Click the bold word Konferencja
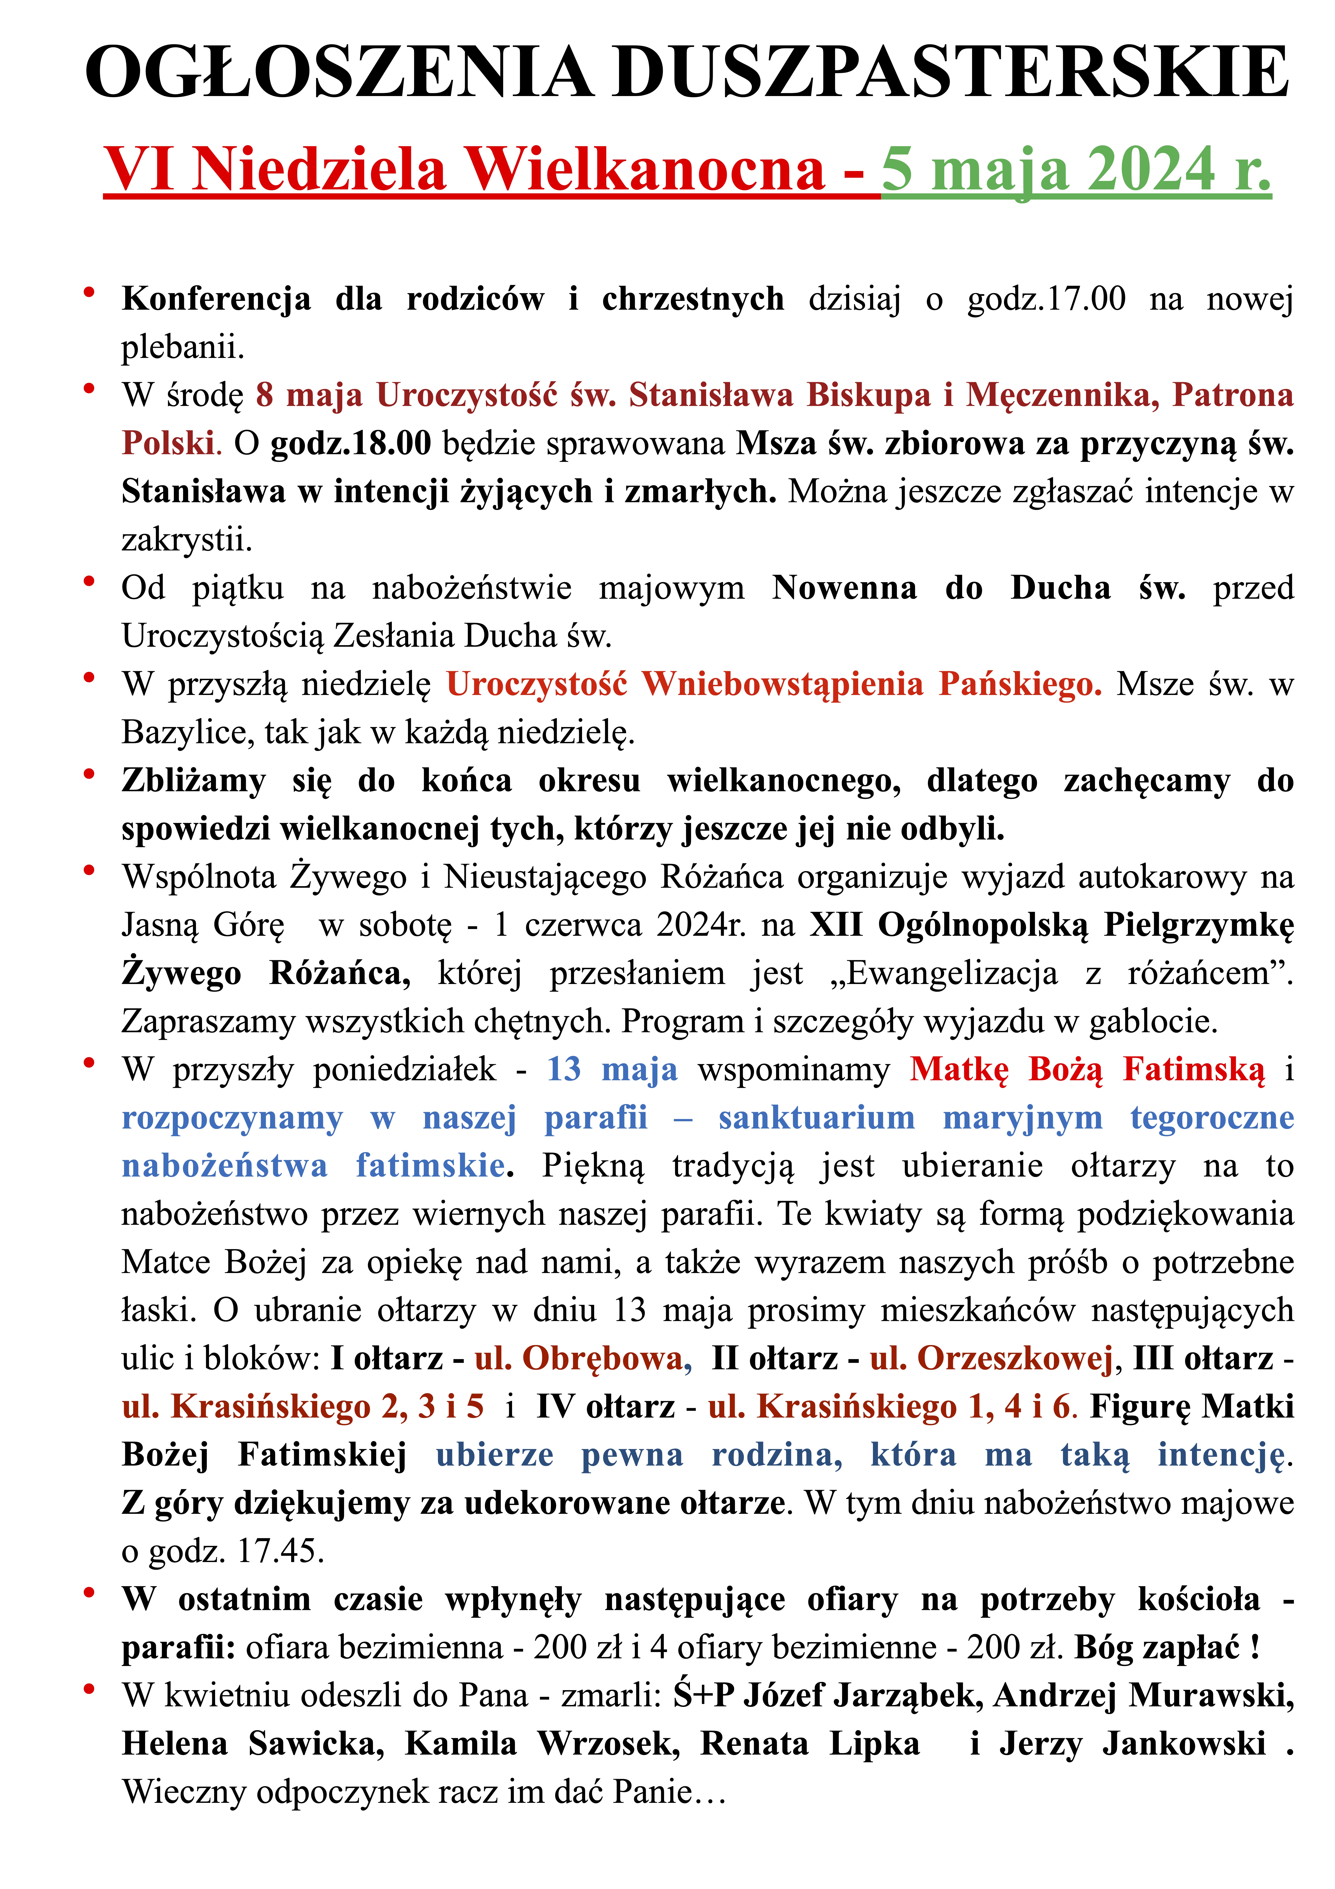pos(216,299)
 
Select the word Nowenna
pos(844,588)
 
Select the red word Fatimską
pos(1193,1069)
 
